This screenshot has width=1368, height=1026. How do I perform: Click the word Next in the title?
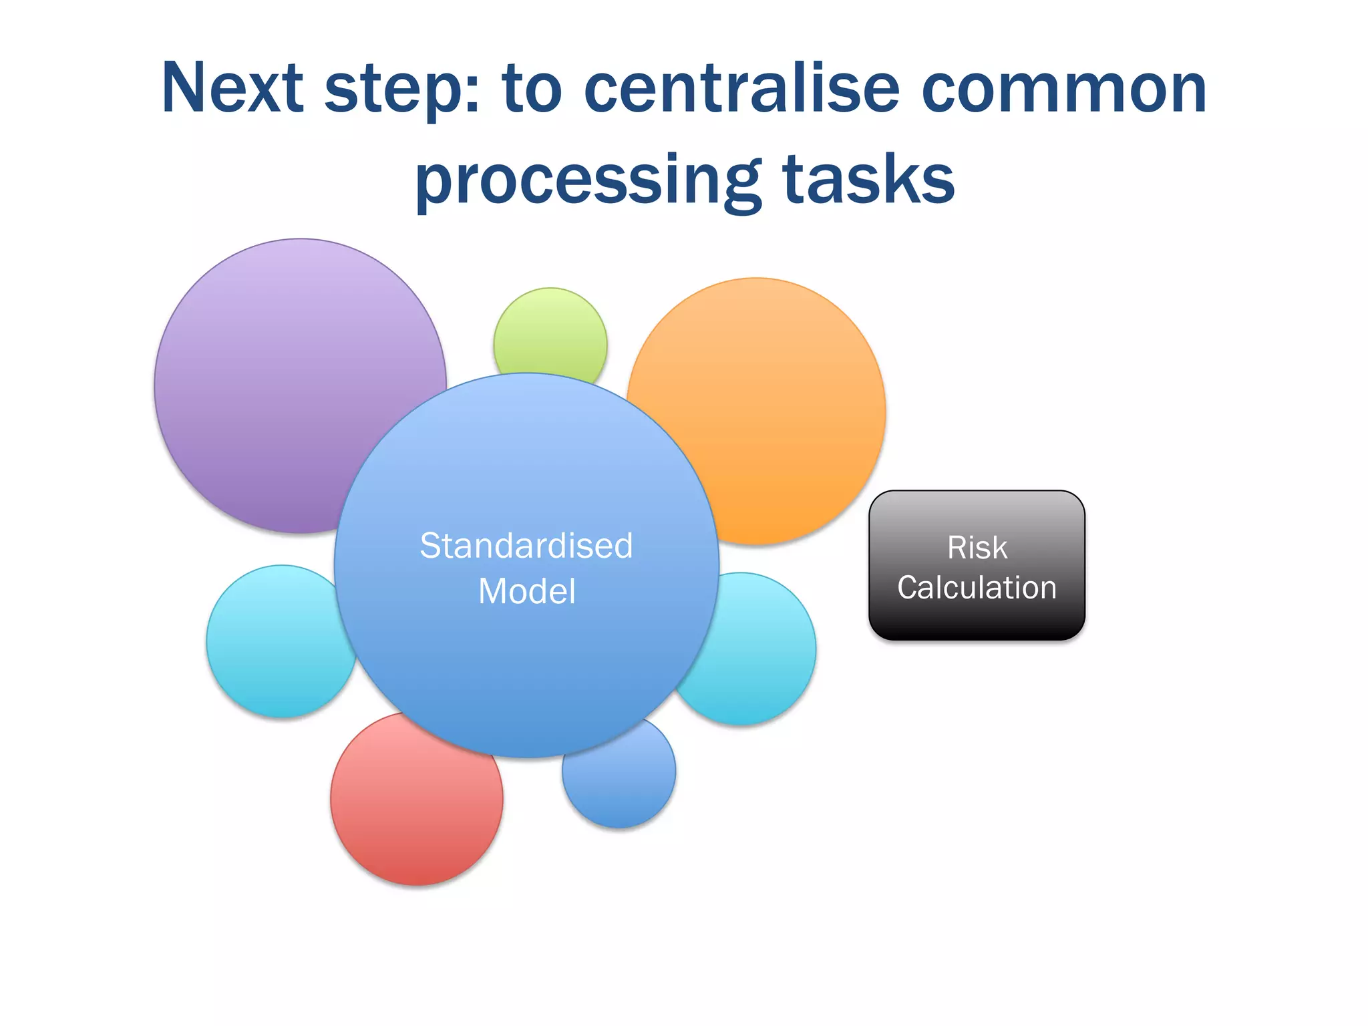click(x=232, y=88)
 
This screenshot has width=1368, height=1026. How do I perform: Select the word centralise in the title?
click(x=741, y=88)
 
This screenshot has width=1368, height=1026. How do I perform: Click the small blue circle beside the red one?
click(x=621, y=782)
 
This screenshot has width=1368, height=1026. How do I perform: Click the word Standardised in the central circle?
click(x=526, y=546)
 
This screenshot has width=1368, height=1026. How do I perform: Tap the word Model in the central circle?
click(x=526, y=592)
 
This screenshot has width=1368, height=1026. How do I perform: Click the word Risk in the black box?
click(x=977, y=548)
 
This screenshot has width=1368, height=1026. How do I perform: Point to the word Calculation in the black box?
click(x=977, y=588)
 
